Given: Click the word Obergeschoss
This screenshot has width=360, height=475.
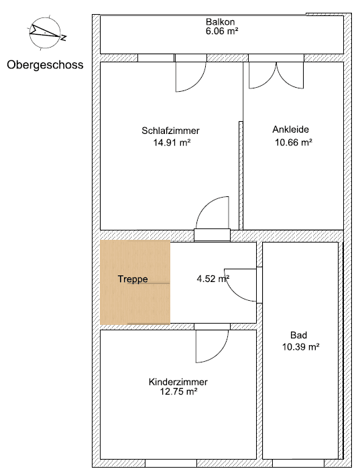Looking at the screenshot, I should [x=44, y=65].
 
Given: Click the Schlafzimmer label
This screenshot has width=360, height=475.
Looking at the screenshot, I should [x=170, y=131].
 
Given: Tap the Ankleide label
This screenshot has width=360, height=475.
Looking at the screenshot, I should [x=290, y=129].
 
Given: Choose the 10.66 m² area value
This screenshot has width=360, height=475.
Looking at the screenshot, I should [x=293, y=141].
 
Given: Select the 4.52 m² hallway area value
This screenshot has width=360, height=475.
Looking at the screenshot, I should [x=213, y=279].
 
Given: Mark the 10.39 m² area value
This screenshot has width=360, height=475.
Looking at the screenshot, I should [x=300, y=346].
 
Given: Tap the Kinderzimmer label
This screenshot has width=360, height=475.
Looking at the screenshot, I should [x=178, y=382].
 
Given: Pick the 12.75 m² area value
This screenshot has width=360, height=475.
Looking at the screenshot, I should [x=178, y=392].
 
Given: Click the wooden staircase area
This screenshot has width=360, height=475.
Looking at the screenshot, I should [x=134, y=301].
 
